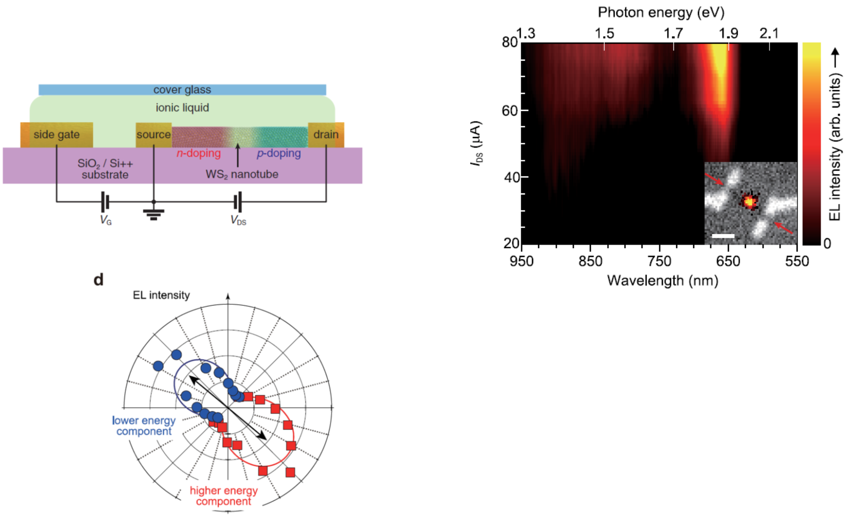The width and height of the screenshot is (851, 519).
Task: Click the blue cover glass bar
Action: pyautogui.click(x=182, y=90)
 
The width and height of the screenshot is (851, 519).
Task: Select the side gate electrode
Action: pyautogui.click(x=57, y=135)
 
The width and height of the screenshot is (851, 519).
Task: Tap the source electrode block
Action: pyautogui.click(x=154, y=135)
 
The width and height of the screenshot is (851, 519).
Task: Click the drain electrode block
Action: pyautogui.click(x=326, y=135)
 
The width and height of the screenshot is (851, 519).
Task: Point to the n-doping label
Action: pyautogui.click(x=198, y=153)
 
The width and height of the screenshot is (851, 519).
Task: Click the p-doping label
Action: pyautogui.click(x=278, y=153)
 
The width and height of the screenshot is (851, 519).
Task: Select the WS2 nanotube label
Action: pyautogui.click(x=242, y=174)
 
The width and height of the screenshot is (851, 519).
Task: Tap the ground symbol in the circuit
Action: pyautogui.click(x=154, y=214)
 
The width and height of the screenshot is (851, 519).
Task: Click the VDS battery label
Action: pyautogui.click(x=238, y=220)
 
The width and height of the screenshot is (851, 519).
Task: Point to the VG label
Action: pyautogui.click(x=106, y=220)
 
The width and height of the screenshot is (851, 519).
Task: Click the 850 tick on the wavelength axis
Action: pyautogui.click(x=590, y=261)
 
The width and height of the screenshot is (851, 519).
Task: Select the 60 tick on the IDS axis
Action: pyautogui.click(x=510, y=111)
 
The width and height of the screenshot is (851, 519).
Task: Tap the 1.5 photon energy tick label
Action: pyautogui.click(x=604, y=34)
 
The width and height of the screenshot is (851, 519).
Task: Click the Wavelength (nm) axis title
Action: pyautogui.click(x=663, y=281)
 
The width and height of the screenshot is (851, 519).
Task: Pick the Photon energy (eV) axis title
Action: pyautogui.click(x=661, y=12)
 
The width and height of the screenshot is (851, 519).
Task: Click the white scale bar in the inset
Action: pyautogui.click(x=722, y=236)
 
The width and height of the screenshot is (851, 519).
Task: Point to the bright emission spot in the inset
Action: pyautogui.click(x=749, y=201)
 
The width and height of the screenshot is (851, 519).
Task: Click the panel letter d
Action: pyautogui.click(x=98, y=279)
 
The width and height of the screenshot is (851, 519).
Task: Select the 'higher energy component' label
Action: pyautogui.click(x=223, y=496)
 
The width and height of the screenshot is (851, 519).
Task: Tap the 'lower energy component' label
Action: pyautogui.click(x=144, y=426)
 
